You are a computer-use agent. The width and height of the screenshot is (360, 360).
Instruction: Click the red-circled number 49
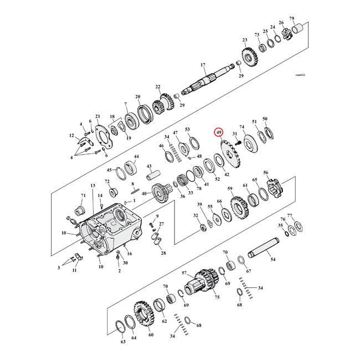pos(219,133)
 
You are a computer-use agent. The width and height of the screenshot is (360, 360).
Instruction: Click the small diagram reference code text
pos(300,74)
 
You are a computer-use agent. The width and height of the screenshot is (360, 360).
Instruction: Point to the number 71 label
pos(84,196)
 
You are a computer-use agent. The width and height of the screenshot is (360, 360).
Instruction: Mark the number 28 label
pos(163,253)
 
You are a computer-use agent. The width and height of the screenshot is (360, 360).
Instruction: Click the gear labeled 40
pos(161,193)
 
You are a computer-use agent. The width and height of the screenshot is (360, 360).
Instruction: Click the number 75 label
pos(217,297)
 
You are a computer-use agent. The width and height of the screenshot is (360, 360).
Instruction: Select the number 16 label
pos(128,253)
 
